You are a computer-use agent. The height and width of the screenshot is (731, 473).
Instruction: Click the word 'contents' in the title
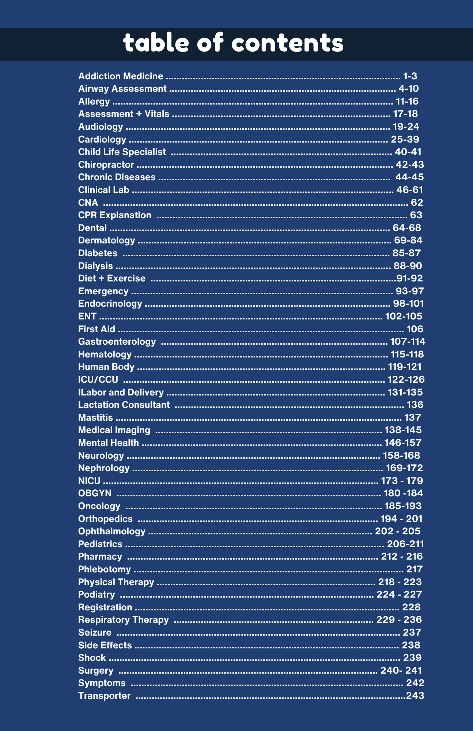(x=287, y=43)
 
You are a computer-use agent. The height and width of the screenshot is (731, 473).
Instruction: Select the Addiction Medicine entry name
(x=121, y=76)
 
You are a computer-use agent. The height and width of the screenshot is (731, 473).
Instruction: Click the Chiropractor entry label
(x=106, y=164)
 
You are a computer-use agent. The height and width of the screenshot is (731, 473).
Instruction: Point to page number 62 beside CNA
(x=417, y=202)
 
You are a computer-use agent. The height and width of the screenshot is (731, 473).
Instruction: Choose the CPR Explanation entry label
(x=115, y=215)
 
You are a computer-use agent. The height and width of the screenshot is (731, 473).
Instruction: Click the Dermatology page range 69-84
(x=408, y=240)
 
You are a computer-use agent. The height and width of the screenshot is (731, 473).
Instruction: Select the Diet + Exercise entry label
(x=112, y=279)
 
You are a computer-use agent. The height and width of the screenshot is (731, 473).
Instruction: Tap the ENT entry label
(x=87, y=316)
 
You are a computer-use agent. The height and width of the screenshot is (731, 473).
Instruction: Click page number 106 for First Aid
(x=415, y=329)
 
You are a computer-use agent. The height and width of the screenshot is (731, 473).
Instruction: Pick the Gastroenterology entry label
(x=117, y=342)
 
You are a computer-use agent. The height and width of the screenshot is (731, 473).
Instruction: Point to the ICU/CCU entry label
(x=98, y=379)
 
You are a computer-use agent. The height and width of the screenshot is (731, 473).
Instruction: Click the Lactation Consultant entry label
(x=124, y=405)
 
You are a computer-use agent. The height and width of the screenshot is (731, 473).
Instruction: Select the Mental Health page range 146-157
(x=403, y=443)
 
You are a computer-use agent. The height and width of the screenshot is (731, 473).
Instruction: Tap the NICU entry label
(x=89, y=481)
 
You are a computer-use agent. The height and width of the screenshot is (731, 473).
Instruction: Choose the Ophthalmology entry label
(x=112, y=531)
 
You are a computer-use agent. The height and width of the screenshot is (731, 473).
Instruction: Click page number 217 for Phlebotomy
(x=415, y=569)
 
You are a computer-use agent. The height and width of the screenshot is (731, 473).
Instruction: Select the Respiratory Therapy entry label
(x=124, y=620)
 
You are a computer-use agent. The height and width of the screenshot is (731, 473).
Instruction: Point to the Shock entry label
(x=92, y=658)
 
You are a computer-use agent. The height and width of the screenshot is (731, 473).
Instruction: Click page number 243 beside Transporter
(x=415, y=696)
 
